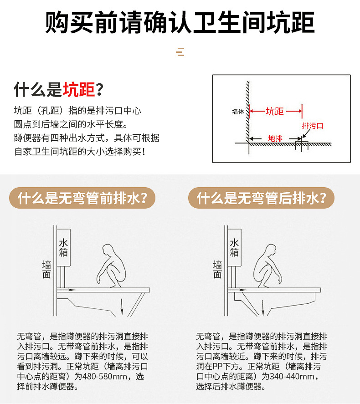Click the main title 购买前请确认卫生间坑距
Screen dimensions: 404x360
(180, 22)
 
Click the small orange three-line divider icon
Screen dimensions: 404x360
(180, 52)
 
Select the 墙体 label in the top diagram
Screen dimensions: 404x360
(238, 111)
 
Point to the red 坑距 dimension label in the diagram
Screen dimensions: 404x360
(274, 112)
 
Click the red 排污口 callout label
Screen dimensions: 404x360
(312, 126)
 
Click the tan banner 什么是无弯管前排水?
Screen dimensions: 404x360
(82, 199)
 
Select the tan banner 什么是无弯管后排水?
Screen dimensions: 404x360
(261, 199)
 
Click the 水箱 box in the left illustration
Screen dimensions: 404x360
(64, 248)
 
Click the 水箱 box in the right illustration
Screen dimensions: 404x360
(234, 248)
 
